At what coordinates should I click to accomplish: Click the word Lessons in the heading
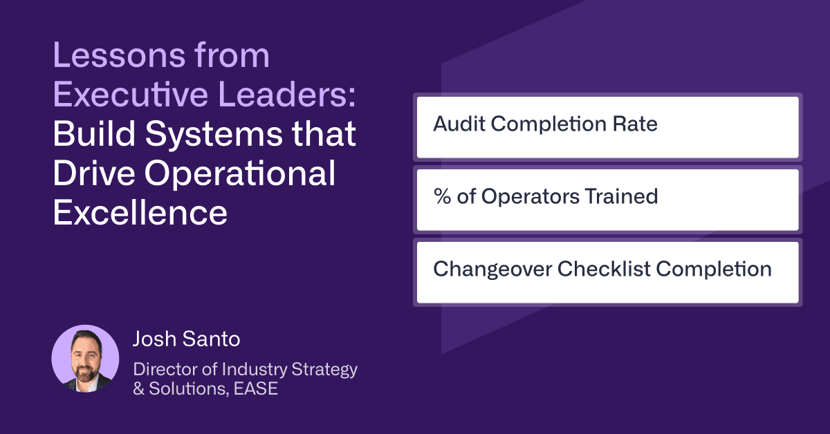point(119,55)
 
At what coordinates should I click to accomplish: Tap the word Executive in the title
point(131,95)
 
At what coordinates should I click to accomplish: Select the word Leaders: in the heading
point(287,95)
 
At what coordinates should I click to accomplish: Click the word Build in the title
point(94,133)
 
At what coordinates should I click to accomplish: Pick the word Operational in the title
point(240,173)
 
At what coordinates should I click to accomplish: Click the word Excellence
point(140,213)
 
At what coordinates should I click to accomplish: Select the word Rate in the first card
point(635,124)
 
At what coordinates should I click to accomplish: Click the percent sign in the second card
point(442,196)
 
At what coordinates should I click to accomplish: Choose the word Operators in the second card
point(531,197)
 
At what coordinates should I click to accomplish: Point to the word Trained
point(621,196)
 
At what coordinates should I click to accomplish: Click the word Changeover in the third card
point(492,270)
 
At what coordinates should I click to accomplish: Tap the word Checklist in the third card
point(604,269)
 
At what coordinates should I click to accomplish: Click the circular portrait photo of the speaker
point(85,359)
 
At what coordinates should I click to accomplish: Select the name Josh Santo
point(186,339)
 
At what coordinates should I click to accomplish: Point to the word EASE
point(256,388)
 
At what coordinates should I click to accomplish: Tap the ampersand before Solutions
point(138,389)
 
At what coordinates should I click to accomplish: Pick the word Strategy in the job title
point(324,370)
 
